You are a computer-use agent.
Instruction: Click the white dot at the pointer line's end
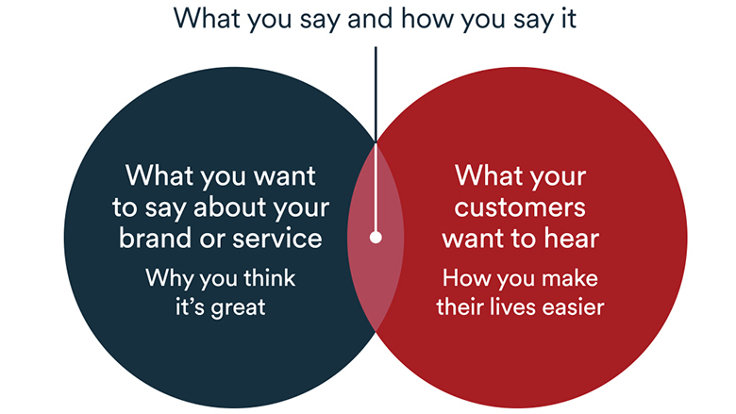tap(376, 238)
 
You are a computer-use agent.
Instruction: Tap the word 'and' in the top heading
tap(371, 18)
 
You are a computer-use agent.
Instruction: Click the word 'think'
tap(270, 277)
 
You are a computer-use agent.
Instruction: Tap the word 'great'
tap(238, 308)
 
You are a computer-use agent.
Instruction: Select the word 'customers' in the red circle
tap(520, 207)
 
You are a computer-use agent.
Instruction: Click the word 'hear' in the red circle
tap(571, 239)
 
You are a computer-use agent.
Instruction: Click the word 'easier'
tap(574, 307)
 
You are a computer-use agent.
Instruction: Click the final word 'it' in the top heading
tap(569, 19)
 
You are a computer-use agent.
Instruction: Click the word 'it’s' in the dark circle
tap(190, 307)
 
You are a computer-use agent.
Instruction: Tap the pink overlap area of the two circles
tap(376, 272)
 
